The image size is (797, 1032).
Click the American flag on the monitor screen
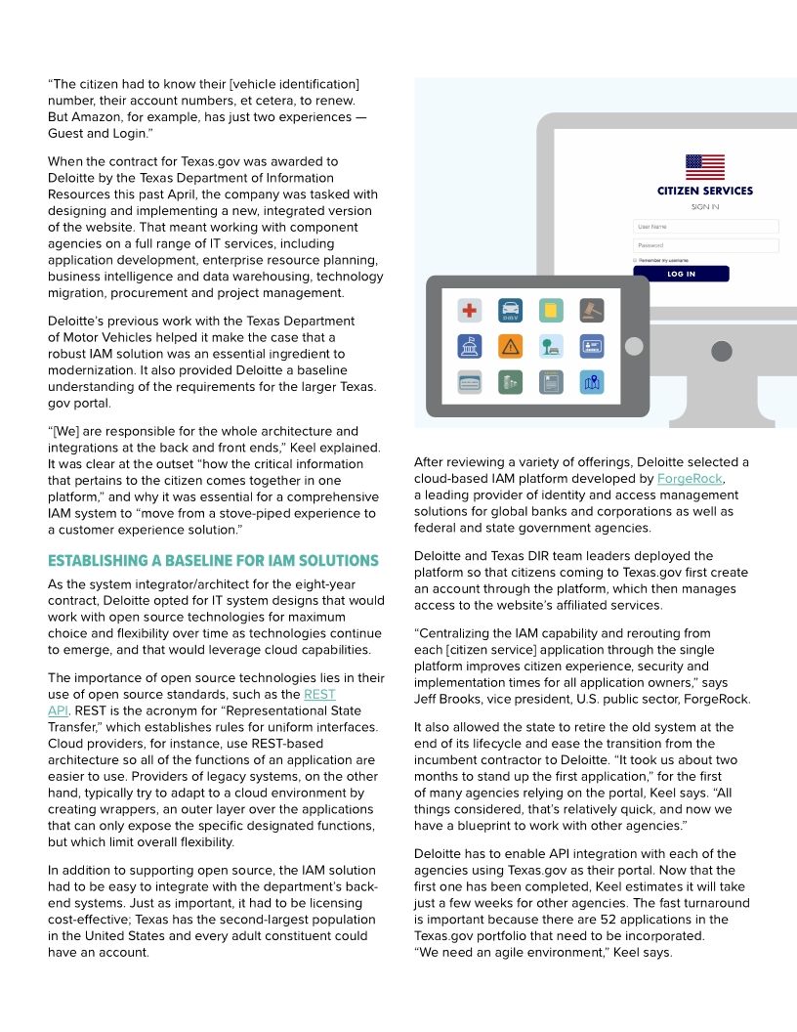click(705, 167)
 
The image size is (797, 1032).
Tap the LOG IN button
click(681, 275)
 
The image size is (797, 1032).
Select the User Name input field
click(705, 227)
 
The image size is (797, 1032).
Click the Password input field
click(705, 245)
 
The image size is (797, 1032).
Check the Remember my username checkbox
click(635, 260)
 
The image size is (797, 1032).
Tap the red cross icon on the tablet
click(470, 311)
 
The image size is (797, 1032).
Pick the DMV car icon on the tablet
click(510, 311)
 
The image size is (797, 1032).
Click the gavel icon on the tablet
click(591, 311)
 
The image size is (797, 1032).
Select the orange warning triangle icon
click(510, 346)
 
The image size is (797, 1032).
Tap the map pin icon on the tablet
click(591, 382)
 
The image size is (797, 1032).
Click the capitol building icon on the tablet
click(470, 346)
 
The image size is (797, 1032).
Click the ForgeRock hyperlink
click(690, 479)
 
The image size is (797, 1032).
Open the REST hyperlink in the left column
click(319, 694)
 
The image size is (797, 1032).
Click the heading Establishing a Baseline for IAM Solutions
click(213, 561)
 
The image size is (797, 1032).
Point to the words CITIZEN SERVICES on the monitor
click(705, 192)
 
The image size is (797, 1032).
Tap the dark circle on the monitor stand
click(721, 351)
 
